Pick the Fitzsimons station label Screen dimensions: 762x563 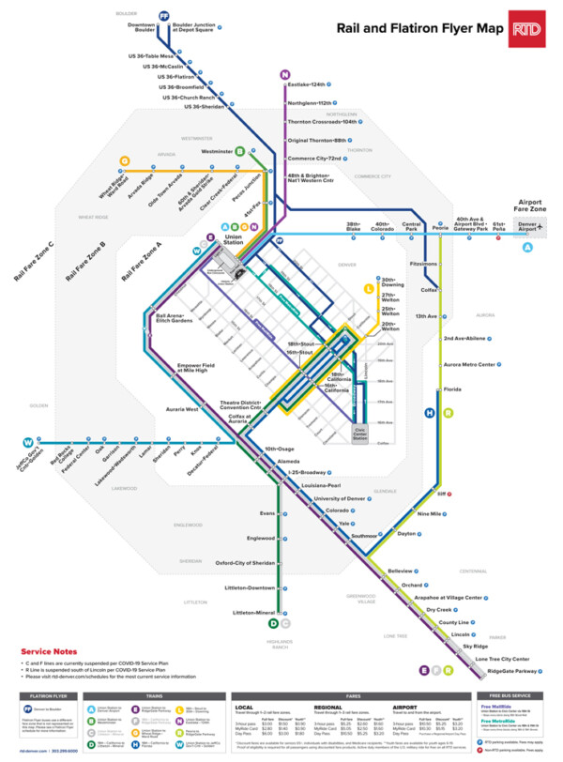[423, 264]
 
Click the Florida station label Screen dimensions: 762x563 [452, 389]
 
